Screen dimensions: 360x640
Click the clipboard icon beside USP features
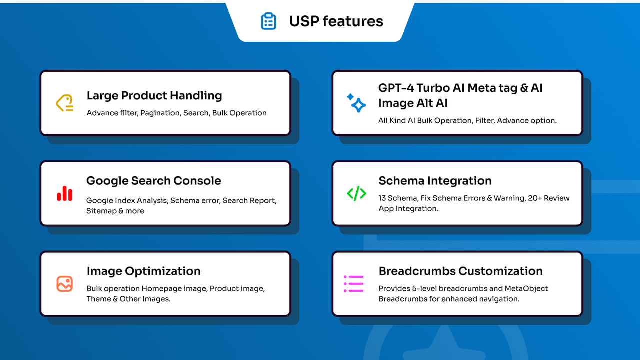tap(268, 21)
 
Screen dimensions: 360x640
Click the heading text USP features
tap(336, 21)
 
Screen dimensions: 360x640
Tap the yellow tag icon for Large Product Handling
tap(65, 103)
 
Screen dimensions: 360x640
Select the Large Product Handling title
tap(154, 95)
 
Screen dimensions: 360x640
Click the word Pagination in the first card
tap(160, 113)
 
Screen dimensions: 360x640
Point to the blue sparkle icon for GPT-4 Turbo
tap(356, 103)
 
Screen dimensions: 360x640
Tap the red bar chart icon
tap(65, 193)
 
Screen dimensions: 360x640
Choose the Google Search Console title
tap(153, 181)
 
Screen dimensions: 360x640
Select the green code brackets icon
tap(356, 193)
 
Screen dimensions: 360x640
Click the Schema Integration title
tap(435, 181)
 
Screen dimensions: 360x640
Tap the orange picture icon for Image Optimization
tap(65, 284)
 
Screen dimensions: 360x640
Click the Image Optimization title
tap(143, 271)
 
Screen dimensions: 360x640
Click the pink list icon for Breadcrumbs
tap(353, 284)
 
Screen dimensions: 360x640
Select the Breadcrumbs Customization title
tap(460, 271)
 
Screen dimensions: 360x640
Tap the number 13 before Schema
tap(383, 198)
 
